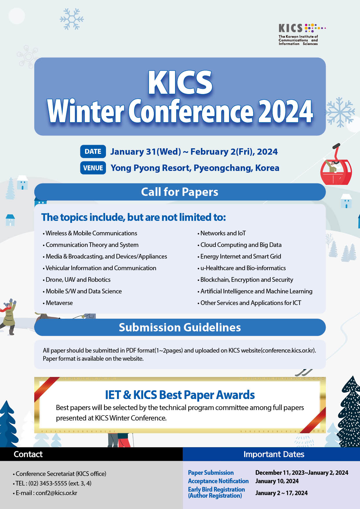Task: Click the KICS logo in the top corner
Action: [x=302, y=34]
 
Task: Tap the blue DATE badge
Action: [x=93, y=151]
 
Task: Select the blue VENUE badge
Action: [x=93, y=168]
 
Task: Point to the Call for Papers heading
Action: [x=180, y=192]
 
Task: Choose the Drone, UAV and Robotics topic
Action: [x=78, y=280]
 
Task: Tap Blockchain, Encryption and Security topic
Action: [x=246, y=280]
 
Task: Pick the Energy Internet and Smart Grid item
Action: [x=240, y=257]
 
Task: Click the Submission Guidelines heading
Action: [x=180, y=327]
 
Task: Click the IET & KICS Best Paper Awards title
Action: [x=180, y=395]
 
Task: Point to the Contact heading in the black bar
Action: [x=28, y=454]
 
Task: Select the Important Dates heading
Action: [x=274, y=454]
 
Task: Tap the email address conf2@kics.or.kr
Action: [x=56, y=493]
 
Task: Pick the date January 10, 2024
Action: [x=277, y=481]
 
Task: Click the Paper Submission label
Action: [x=211, y=473]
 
